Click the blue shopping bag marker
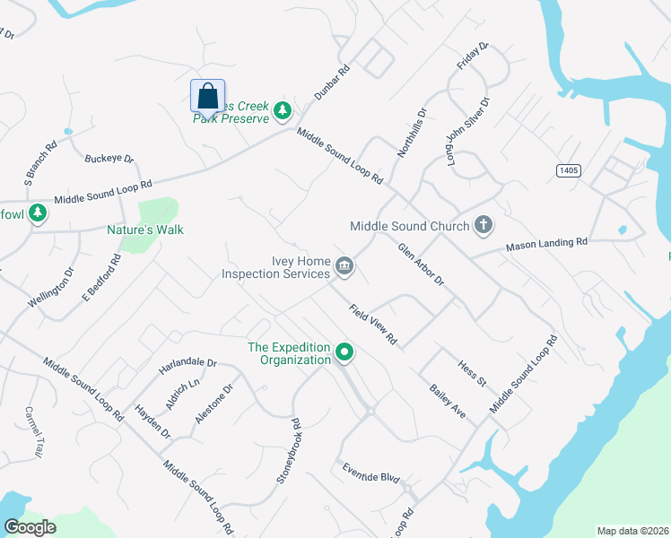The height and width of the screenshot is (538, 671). coord(207,95)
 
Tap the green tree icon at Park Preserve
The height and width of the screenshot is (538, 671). coord(283,110)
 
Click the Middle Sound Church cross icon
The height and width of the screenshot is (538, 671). coord(484,224)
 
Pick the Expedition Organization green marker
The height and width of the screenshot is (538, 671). coord(344,353)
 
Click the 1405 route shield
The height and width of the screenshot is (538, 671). coord(565,170)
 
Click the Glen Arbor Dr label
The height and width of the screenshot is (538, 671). coord(421,265)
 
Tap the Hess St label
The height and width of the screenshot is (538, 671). coord(471,374)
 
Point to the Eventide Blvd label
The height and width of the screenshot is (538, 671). coord(370,473)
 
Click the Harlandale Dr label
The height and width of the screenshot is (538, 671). coord(188,363)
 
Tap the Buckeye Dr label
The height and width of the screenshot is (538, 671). coord(109,159)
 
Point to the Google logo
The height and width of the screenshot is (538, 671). coord(30,526)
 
